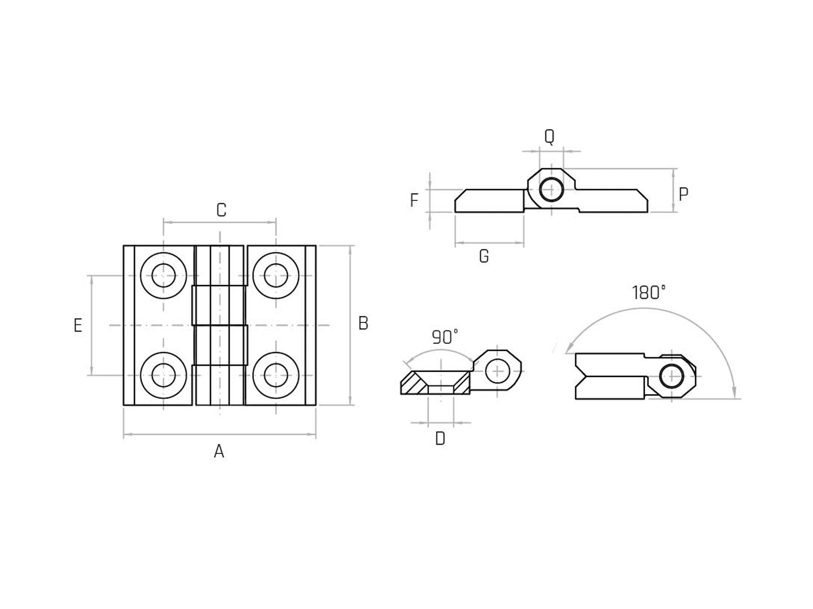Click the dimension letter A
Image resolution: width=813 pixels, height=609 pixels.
(x=219, y=452)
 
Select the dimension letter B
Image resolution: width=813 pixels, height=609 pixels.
(x=363, y=323)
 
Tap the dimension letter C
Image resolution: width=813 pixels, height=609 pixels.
(x=221, y=210)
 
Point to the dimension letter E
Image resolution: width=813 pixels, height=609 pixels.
(x=78, y=325)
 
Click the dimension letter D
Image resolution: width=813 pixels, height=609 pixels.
(x=440, y=439)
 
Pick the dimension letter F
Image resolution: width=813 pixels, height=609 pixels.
(x=414, y=201)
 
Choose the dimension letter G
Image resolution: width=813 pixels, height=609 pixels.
(x=484, y=256)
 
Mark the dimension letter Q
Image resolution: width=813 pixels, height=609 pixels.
(x=549, y=137)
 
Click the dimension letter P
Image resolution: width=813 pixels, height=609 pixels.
(x=683, y=195)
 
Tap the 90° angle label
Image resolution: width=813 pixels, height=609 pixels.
(x=445, y=338)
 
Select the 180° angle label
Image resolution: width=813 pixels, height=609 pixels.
(x=648, y=293)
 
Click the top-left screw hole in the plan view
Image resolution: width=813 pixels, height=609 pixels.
(x=163, y=275)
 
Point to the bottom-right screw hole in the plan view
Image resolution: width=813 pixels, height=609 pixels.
(x=276, y=375)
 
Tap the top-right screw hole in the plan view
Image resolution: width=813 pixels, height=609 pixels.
(x=276, y=275)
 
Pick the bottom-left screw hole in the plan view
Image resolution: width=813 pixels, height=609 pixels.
(x=163, y=375)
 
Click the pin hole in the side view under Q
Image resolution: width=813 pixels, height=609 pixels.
(x=551, y=189)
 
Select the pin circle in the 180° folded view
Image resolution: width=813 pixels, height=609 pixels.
(x=671, y=376)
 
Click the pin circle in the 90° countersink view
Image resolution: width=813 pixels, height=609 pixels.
(x=498, y=371)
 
